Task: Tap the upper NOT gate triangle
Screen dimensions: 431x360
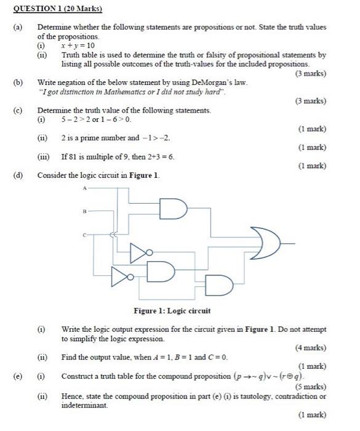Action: coord(140,250)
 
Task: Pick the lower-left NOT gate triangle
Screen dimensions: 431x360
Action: coord(120,277)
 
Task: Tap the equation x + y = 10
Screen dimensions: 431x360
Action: coord(78,46)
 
